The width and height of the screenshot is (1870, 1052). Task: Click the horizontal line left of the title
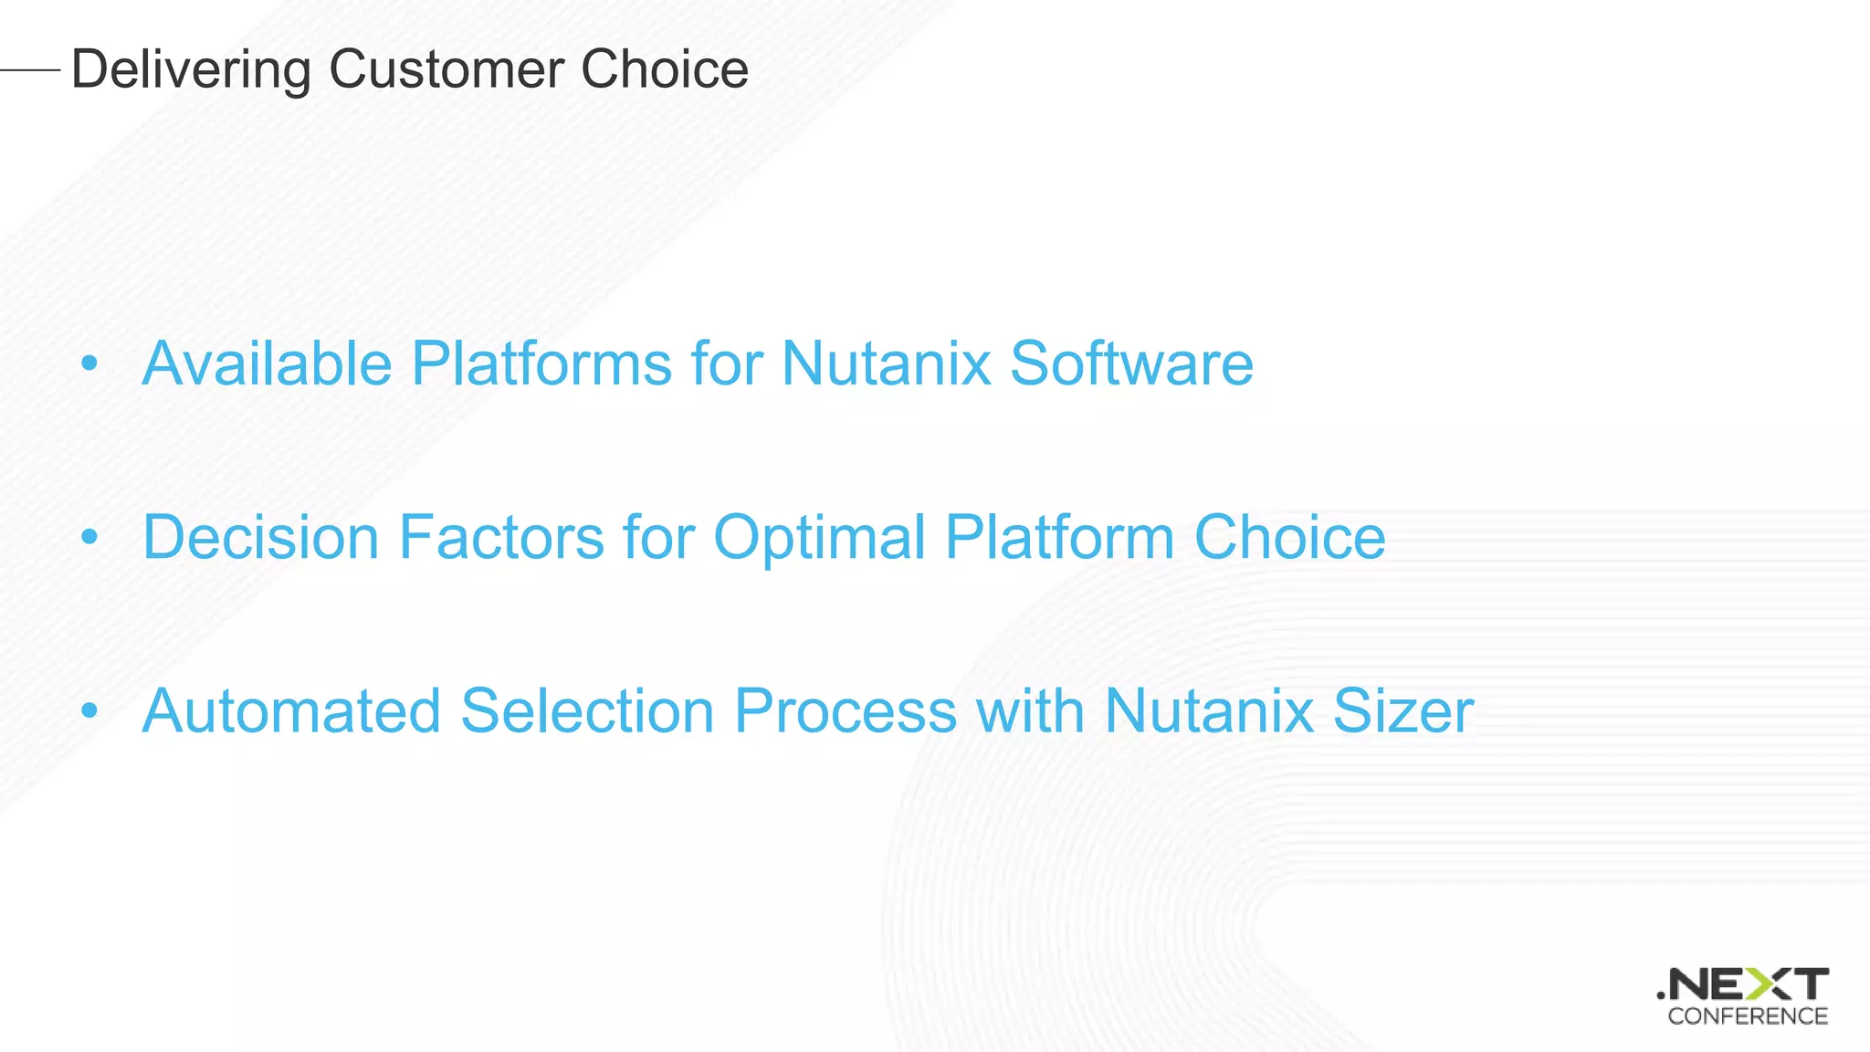(30, 69)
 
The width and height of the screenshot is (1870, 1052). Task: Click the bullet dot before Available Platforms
(89, 364)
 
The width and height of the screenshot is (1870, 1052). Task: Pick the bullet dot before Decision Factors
(89, 538)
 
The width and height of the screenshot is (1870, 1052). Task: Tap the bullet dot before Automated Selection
(89, 711)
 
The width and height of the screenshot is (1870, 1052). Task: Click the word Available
(267, 363)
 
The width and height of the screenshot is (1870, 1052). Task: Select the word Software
(1131, 363)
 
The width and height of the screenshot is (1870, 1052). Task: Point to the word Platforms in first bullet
(541, 363)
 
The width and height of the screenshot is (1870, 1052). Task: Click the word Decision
(260, 537)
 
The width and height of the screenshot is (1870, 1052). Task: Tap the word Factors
(501, 537)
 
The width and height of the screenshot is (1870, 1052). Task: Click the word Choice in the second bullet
(1289, 537)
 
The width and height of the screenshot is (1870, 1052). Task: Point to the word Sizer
(1402, 710)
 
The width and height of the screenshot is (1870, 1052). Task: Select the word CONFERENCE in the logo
(1747, 1016)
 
